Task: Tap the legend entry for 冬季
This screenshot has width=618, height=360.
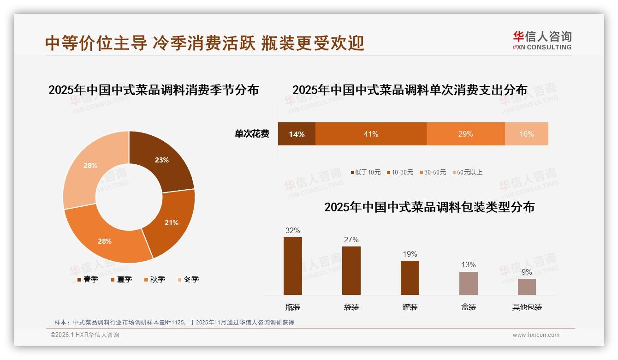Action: tap(188, 279)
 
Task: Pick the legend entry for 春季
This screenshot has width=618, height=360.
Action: tap(88, 279)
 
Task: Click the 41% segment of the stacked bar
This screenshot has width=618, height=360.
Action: tap(371, 134)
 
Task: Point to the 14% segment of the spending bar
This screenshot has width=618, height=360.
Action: tap(297, 134)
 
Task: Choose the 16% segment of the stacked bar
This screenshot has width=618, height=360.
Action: tap(526, 134)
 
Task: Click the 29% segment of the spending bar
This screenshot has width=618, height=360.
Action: tap(465, 134)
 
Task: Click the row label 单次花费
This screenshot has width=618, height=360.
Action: tap(252, 134)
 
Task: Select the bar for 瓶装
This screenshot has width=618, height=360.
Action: tap(293, 266)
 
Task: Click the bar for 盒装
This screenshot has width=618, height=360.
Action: tap(468, 283)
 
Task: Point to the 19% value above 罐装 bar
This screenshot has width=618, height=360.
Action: tap(410, 254)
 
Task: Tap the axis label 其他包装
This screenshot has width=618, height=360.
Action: tap(527, 307)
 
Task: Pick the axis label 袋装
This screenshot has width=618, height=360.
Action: tap(351, 307)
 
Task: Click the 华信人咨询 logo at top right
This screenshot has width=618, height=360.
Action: tap(542, 40)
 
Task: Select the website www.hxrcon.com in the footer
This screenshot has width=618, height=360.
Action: tap(536, 335)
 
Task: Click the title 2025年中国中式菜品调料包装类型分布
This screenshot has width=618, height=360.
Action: tap(429, 207)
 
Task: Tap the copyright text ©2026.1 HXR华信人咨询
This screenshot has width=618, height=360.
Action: tap(85, 335)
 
